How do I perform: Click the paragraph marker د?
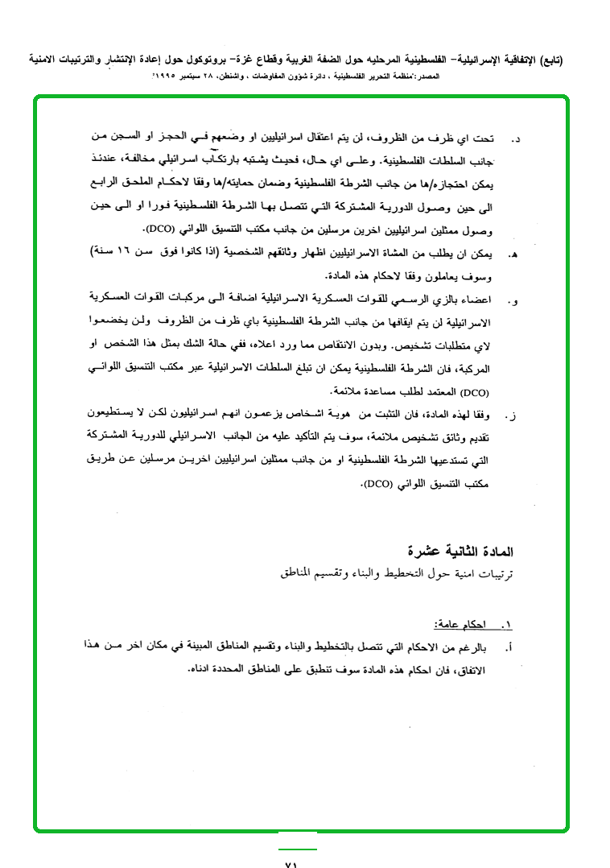(516, 139)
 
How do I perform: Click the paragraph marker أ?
(509, 647)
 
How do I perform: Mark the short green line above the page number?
(298, 849)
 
